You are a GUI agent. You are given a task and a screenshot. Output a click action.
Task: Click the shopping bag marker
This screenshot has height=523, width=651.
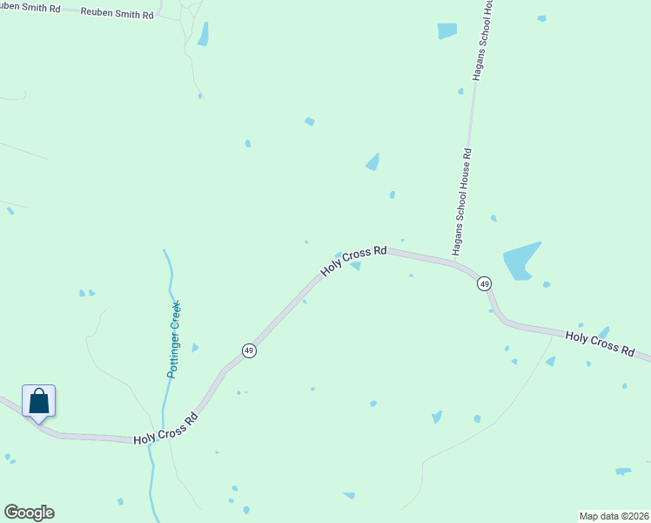[38, 402]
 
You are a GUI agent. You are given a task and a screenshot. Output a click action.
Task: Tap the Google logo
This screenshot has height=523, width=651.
[29, 513]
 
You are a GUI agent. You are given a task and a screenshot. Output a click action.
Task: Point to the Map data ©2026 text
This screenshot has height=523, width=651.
[614, 515]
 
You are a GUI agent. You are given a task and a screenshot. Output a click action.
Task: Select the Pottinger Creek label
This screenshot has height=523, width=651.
[174, 339]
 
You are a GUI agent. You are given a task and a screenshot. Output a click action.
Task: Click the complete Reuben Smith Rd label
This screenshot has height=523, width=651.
[117, 14]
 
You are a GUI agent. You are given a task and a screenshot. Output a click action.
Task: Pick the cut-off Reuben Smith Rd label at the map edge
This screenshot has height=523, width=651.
[30, 9]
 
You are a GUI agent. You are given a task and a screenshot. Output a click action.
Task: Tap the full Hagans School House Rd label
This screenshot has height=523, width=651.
[466, 201]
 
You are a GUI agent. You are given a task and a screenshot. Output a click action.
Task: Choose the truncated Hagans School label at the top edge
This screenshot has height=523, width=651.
[482, 40]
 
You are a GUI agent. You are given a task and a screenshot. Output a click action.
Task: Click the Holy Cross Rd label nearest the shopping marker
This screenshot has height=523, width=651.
[165, 428]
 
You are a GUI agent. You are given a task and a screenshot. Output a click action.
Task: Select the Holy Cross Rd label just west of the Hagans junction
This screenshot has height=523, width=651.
[353, 261]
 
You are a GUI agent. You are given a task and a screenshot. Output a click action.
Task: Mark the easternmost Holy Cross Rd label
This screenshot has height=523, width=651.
[600, 342]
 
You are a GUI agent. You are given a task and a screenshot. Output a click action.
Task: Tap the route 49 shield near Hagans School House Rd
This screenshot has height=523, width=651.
[484, 283]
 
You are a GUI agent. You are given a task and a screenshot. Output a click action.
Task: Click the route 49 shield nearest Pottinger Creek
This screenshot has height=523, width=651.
[249, 350]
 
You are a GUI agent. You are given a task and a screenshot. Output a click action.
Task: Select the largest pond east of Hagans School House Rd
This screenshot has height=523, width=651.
[520, 261]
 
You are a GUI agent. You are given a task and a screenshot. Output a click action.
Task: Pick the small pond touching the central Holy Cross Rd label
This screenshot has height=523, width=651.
[355, 266]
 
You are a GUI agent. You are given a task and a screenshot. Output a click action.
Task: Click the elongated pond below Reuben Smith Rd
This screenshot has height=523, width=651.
[203, 34]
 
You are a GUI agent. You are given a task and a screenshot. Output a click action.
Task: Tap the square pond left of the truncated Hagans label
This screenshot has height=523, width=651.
[446, 31]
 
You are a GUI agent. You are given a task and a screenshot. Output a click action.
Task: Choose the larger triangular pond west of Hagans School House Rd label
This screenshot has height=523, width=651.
[373, 161]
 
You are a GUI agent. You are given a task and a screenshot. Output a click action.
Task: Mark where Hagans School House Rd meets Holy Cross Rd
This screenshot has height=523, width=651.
[453, 262]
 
